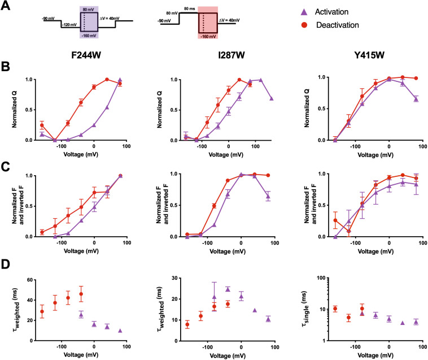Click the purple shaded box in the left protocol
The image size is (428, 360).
90,23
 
